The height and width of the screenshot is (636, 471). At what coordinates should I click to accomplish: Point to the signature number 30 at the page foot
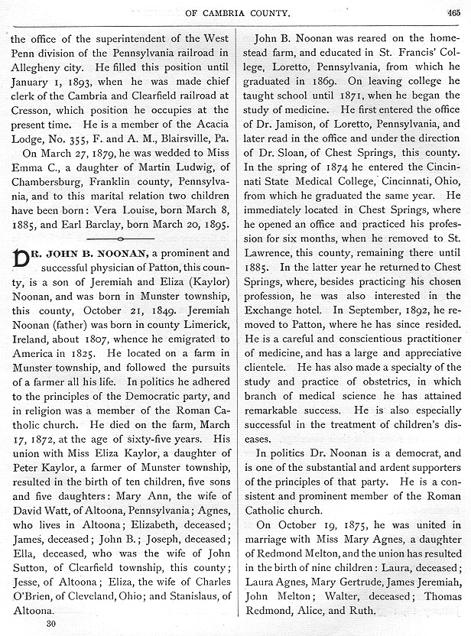coord(52,622)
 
